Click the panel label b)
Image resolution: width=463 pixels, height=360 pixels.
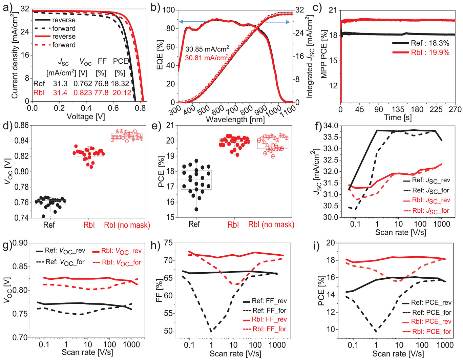(155, 7)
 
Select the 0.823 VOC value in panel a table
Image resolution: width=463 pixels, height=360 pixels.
(83, 93)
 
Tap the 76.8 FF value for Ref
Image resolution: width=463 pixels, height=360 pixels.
(101, 84)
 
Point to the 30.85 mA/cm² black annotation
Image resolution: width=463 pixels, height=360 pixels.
(207, 49)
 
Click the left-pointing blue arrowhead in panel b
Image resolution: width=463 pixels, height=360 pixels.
(181, 22)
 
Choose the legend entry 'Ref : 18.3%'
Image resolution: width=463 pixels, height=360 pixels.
(430, 43)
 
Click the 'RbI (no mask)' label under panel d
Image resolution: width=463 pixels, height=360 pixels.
(127, 225)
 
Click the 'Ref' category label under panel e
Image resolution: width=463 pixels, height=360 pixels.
(194, 224)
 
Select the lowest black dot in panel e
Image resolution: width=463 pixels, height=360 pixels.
(196, 209)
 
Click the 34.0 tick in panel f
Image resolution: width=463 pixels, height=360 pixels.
(331, 126)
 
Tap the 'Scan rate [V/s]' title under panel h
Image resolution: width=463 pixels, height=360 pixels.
(235, 354)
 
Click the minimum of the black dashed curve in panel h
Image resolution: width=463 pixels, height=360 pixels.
(211, 331)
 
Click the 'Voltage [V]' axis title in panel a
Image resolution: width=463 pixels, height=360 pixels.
(86, 117)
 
